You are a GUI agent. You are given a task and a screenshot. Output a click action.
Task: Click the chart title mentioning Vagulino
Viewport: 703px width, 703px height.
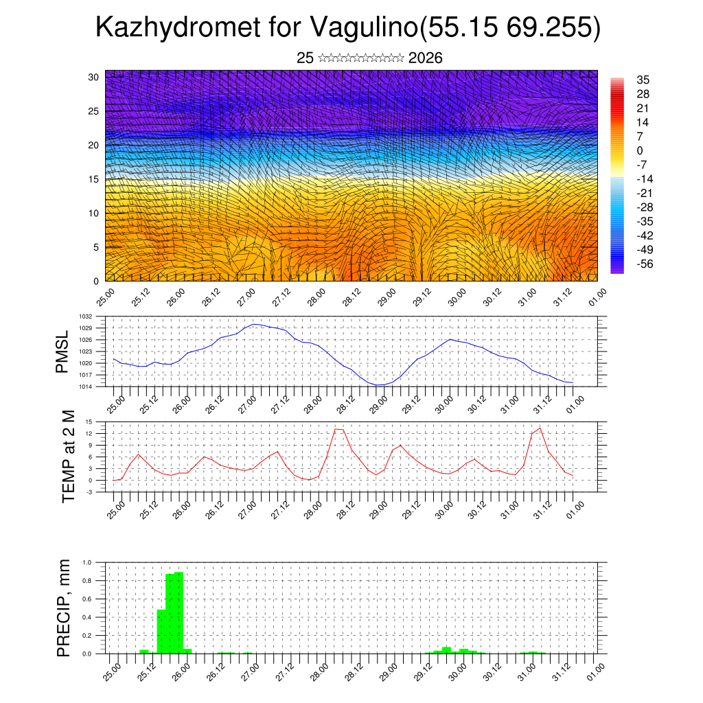[x=348, y=27]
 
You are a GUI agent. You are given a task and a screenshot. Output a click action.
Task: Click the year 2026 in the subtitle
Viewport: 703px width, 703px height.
[x=425, y=58]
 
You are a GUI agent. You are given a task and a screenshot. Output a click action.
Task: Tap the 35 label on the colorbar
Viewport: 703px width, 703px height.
[x=643, y=80]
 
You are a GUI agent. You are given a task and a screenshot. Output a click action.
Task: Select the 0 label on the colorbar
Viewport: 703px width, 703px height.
[x=640, y=150]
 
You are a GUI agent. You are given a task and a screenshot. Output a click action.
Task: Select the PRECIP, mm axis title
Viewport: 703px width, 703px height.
[x=64, y=607]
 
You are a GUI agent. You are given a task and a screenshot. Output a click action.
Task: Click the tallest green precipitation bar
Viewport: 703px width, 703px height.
[x=178, y=612]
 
